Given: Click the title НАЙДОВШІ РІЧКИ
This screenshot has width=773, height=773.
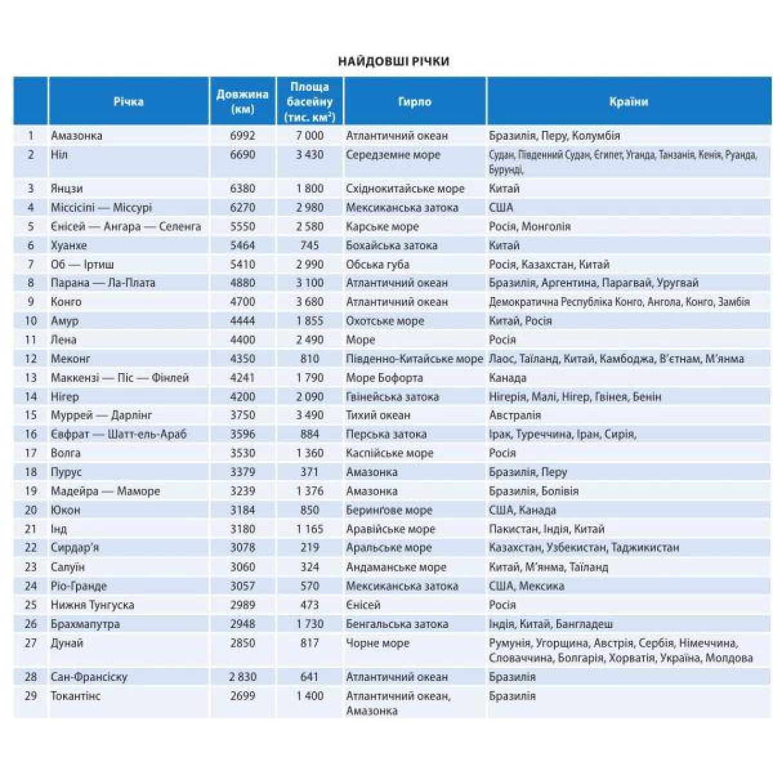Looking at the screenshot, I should tap(394, 61).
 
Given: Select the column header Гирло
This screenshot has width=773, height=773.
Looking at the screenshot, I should tap(414, 102).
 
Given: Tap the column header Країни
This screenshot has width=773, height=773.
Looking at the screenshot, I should tap(628, 102).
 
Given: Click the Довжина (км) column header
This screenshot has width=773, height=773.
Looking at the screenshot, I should tap(242, 102).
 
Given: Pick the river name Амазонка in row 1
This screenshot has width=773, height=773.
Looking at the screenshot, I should tap(77, 136).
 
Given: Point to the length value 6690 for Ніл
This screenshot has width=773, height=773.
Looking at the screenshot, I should tap(242, 155).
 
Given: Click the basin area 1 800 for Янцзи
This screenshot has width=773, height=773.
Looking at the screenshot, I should tap(310, 189).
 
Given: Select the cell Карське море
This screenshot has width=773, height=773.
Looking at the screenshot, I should tap(382, 227).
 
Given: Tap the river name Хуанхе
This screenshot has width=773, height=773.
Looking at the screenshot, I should tap(69, 245).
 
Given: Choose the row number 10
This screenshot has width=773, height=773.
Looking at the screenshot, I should tap(31, 321).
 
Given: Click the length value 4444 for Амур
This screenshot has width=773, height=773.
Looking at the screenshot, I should tap(242, 321).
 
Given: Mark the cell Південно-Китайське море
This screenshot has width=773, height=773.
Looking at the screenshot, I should tap(414, 359).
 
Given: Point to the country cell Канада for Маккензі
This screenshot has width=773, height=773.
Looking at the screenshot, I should tap(508, 377).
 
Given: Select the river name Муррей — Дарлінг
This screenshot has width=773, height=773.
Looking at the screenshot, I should tap(101, 415).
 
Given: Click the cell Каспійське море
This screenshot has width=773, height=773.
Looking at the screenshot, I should tap(390, 453).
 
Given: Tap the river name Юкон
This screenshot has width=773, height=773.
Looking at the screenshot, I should tap(66, 510).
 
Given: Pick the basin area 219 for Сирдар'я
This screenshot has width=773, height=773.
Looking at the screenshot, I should tap(310, 548).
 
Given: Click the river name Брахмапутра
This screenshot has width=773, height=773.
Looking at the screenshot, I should tap(85, 624).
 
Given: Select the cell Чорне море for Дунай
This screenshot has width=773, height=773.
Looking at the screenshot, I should tap(377, 643).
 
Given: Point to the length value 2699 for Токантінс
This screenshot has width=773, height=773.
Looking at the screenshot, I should tap(242, 696).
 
